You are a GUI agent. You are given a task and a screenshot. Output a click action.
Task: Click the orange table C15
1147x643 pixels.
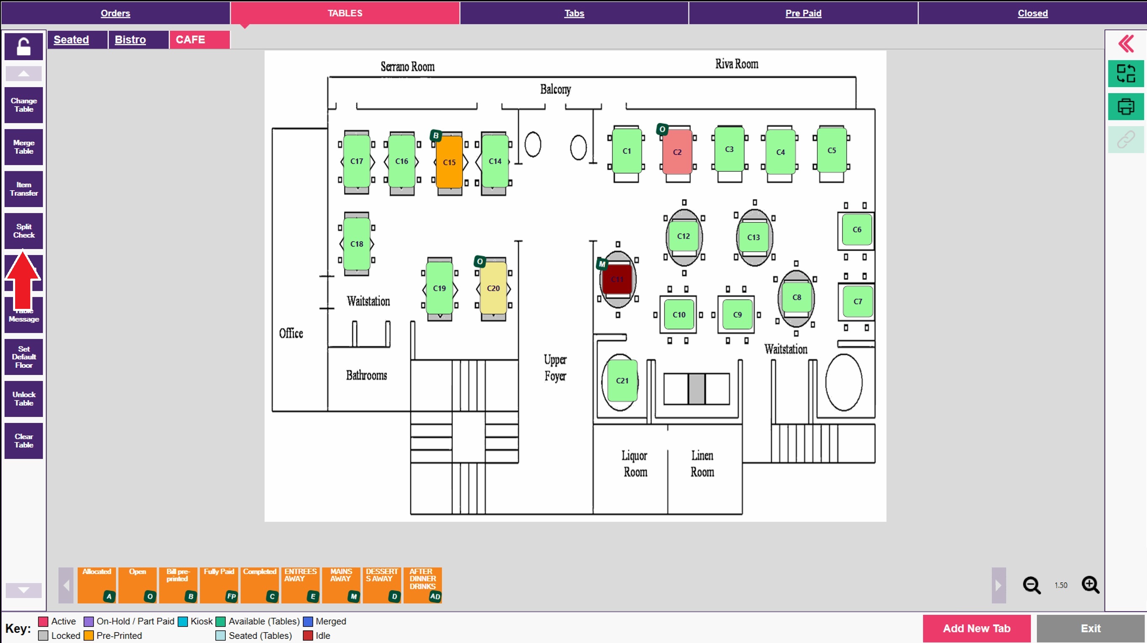[449, 162]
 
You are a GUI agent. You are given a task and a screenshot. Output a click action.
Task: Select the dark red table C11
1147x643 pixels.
[617, 279]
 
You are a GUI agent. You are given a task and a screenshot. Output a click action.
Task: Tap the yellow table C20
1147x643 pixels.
[493, 288]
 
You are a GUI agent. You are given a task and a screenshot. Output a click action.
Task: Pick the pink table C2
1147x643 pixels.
[677, 152]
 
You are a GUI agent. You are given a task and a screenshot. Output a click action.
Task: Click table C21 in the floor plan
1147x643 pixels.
[622, 380]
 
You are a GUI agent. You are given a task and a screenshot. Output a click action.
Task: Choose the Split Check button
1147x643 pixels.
[24, 231]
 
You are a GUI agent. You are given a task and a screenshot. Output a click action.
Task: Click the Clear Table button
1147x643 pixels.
[24, 441]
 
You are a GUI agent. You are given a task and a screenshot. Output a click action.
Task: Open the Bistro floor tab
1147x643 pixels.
[130, 40]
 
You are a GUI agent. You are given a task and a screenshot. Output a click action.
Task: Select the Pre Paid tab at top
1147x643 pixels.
[803, 13]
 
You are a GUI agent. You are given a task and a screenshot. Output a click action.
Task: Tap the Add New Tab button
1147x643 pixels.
[976, 628]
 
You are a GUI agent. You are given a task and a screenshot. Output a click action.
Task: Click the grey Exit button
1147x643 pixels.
[1091, 628]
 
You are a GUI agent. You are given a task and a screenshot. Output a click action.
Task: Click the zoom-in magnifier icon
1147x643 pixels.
[1091, 585]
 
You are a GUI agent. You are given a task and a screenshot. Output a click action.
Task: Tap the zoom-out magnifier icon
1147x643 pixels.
[1031, 585]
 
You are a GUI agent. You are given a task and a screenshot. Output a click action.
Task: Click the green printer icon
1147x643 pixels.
[1126, 106]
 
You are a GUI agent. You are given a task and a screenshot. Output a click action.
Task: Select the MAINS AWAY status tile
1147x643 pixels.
[342, 585]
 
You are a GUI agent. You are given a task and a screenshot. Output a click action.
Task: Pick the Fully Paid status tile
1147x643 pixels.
[219, 585]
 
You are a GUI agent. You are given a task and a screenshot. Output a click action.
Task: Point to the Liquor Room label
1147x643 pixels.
[634, 463]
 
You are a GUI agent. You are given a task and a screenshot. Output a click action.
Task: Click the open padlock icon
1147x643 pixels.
[24, 46]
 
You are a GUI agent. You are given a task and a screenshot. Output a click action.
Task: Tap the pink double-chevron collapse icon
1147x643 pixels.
[1126, 44]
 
